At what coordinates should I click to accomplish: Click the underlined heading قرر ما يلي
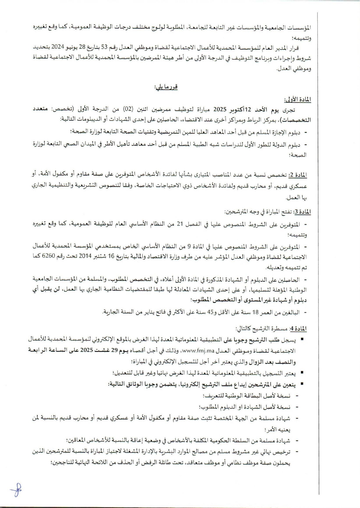(166, 87)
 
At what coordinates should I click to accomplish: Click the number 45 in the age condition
(210, 313)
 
